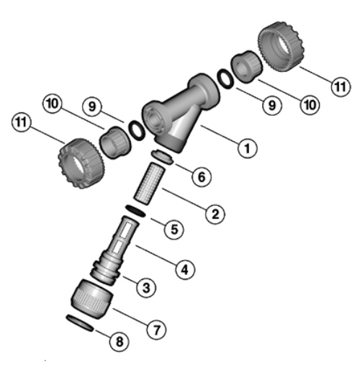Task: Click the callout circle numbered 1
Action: tap(247, 148)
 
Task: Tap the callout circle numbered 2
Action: tap(215, 214)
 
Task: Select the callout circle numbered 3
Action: tap(146, 287)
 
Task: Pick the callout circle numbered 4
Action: tap(185, 269)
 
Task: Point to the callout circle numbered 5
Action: tap(174, 229)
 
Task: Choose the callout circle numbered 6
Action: tap(202, 176)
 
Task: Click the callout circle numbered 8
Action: tap(120, 341)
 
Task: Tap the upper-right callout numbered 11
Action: tap(341, 86)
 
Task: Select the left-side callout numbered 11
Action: tap(22, 122)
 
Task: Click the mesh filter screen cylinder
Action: tap(149, 184)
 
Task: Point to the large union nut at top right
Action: tap(281, 46)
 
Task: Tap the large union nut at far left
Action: tap(81, 163)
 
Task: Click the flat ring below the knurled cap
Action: tap(80, 323)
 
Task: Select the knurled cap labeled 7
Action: tap(92, 299)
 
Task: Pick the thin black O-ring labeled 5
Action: tap(135, 211)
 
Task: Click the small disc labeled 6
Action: tap(162, 157)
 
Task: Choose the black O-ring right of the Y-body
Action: tap(225, 78)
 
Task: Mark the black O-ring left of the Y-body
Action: tap(137, 130)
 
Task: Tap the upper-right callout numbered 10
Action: tap(310, 105)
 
